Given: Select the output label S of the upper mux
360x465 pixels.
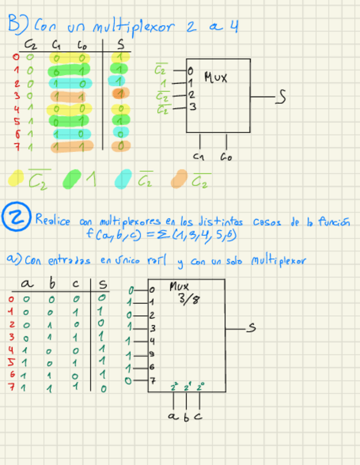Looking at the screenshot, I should tap(280, 97).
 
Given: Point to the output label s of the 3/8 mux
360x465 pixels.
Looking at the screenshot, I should tap(252, 328).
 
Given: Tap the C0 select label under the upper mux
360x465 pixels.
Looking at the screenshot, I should tap(226, 157).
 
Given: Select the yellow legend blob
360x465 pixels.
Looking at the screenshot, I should tap(17, 177).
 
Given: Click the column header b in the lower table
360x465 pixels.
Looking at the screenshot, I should tap(53, 284).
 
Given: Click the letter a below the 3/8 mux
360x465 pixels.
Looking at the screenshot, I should tap(172, 417).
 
